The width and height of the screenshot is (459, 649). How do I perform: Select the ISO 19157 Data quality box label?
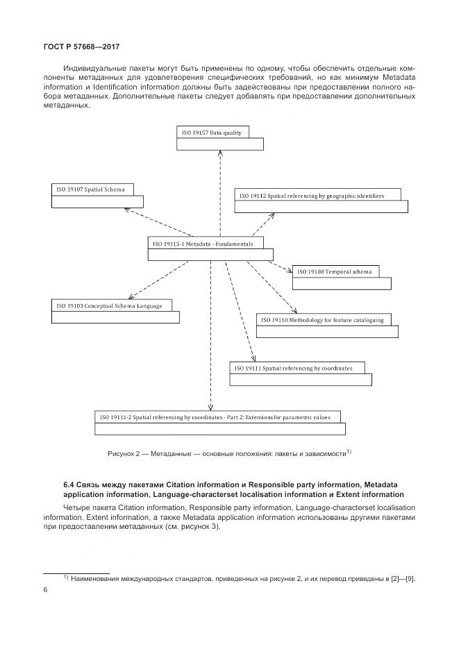212,133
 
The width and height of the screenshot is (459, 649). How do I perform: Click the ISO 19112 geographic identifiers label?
311,196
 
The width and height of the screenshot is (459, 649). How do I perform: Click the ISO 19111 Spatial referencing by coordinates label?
294,368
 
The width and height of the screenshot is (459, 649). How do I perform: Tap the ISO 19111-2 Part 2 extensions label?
219,417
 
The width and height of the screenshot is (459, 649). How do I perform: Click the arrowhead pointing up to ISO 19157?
220,155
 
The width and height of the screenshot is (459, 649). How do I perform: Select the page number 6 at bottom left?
46,590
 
